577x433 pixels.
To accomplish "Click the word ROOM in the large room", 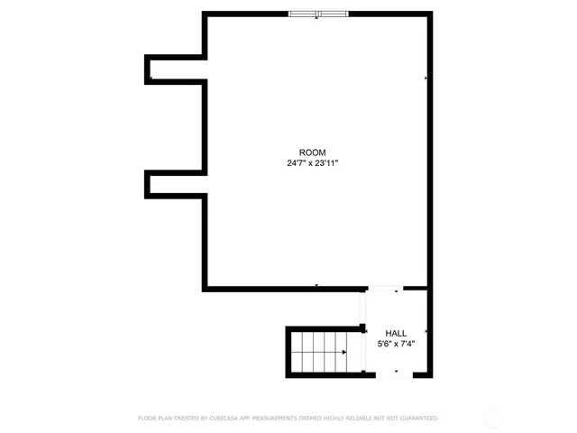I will pos(313,152).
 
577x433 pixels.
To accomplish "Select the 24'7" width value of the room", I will pos(297,163).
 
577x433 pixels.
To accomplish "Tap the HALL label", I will pos(395,333).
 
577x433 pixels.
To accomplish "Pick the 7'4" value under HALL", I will pos(407,344).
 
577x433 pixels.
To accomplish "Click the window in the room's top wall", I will pos(318,14).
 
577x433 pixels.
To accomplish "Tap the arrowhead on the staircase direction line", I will pos(343,352).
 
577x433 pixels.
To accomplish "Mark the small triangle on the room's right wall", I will pos(426,78).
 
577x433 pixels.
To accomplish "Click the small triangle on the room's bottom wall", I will pos(316,286).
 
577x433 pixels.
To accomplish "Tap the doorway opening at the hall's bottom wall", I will pos(395,374).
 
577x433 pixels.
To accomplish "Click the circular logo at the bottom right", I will pos(493,419).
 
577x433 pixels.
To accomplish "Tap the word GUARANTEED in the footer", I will pos(418,419).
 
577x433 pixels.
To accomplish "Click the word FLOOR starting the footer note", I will pos(147,419).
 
